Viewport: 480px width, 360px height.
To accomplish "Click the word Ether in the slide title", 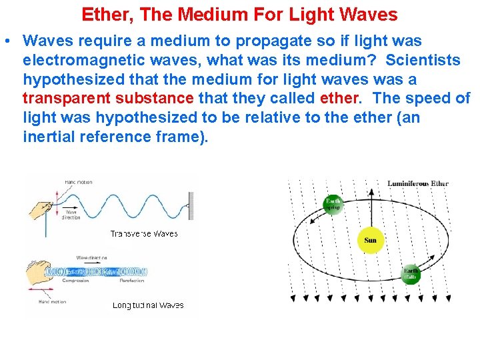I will click(x=102, y=15).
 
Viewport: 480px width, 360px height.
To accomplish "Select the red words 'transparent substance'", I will click(x=108, y=99).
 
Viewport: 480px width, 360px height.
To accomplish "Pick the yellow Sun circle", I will click(x=370, y=241).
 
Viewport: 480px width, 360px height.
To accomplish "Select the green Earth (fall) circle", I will click(x=411, y=274).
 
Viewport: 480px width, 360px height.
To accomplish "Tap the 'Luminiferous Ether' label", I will click(x=418, y=183).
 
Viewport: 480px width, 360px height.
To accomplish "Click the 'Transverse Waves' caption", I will click(x=144, y=234).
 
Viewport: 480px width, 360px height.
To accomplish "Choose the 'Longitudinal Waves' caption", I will click(x=148, y=305).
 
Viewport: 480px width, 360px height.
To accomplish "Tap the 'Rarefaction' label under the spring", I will click(x=132, y=281).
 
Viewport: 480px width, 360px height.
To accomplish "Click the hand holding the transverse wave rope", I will click(x=40, y=211).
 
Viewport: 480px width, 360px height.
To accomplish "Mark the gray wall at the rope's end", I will click(x=191, y=206).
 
